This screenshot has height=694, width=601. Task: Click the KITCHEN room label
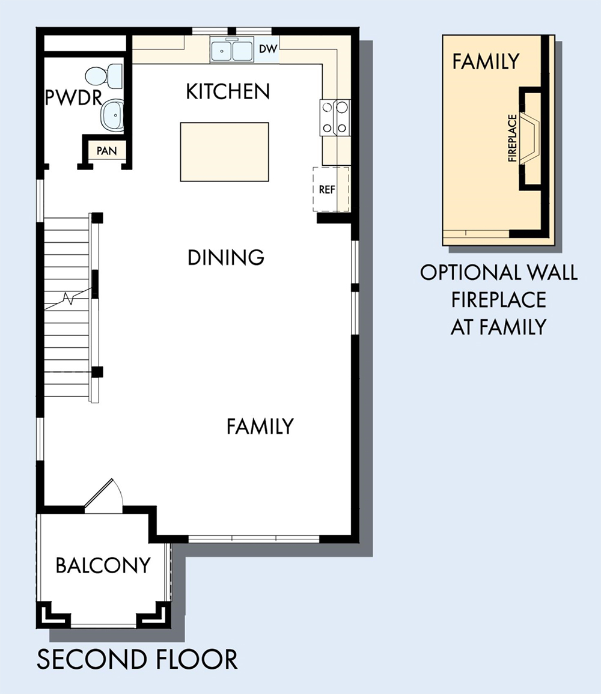[228, 91]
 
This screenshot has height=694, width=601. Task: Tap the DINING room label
[226, 257]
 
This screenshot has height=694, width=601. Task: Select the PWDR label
[73, 97]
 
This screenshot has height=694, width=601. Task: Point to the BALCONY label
[103, 565]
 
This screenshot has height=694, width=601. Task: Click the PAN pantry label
[106, 151]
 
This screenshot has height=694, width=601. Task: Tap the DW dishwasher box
[267, 49]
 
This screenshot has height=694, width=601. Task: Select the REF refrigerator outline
[331, 189]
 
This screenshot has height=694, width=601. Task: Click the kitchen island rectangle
[224, 152]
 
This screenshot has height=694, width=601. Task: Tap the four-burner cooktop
[335, 117]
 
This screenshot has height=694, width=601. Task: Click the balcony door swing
[103, 496]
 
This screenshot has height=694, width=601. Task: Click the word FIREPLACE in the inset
[513, 138]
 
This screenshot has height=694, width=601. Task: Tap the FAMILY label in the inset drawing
[486, 61]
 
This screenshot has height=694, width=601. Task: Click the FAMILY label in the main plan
[260, 426]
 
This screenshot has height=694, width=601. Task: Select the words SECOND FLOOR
[137, 659]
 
